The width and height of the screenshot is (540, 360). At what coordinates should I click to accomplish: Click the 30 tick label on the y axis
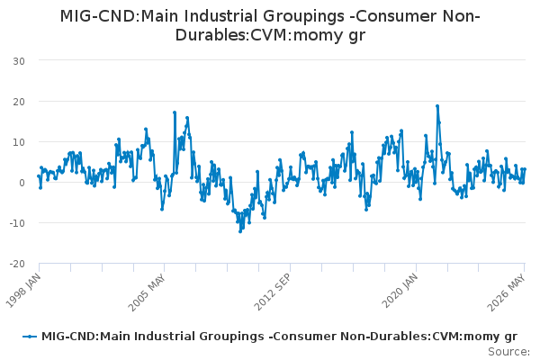point(19,61)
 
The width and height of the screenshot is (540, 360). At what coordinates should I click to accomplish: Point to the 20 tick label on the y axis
point(19,102)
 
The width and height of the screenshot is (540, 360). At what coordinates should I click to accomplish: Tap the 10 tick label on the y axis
point(19,142)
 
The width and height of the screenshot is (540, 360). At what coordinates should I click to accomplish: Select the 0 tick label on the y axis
point(22,183)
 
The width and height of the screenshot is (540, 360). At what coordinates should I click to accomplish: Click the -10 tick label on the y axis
point(17,223)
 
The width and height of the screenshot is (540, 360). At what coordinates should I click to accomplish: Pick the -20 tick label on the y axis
point(17,264)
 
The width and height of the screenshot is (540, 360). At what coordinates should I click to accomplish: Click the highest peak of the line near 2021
point(437,106)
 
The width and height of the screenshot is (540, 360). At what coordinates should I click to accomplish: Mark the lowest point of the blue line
point(240,231)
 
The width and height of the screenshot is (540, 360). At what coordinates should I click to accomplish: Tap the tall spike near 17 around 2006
point(175,112)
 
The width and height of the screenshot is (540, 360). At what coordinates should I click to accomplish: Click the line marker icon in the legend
point(30,337)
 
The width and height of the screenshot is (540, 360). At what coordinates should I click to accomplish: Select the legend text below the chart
point(279,337)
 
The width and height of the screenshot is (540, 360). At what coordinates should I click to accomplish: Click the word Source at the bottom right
point(508,352)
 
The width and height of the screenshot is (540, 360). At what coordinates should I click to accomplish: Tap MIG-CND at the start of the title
point(99,16)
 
